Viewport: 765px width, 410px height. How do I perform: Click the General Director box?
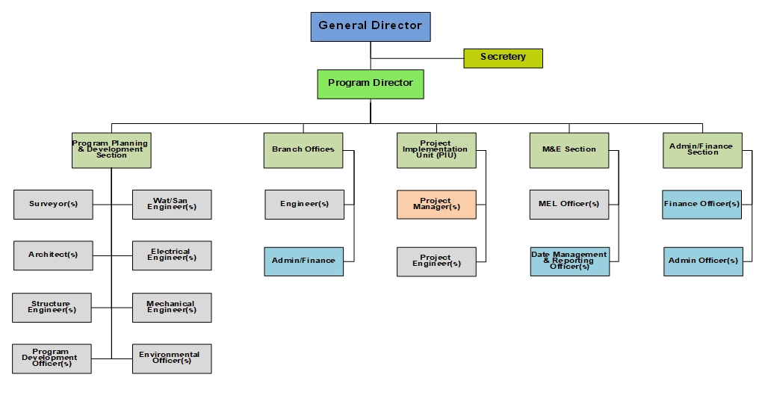pos(371,26)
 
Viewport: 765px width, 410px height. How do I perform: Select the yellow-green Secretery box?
pos(503,58)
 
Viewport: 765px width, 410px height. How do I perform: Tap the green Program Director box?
pos(371,84)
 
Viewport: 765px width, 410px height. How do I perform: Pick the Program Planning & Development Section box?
pos(111,150)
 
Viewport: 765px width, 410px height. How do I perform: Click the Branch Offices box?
pos(303,150)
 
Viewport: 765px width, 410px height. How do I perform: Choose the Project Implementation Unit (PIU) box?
pos(436,150)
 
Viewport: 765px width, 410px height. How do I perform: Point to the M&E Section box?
pos(569,150)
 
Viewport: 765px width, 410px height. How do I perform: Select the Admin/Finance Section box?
pos(702,150)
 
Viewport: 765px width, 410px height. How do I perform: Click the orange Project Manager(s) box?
pos(436,204)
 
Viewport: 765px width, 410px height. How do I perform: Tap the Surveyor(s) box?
pos(53,204)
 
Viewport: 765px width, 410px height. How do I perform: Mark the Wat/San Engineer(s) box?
pos(172,204)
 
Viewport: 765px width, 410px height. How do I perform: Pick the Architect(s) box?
pos(53,255)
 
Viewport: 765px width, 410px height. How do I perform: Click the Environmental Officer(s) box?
pos(172,358)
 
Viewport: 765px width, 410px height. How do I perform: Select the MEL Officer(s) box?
pos(569,204)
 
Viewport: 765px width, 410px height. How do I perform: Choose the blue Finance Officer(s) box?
pos(702,204)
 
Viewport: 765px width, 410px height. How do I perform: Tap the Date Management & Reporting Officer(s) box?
pos(569,261)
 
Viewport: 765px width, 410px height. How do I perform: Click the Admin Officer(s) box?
pos(703,261)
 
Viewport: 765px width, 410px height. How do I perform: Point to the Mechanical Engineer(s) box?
pos(172,307)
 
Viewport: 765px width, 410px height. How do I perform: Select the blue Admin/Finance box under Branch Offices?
pos(303,261)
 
